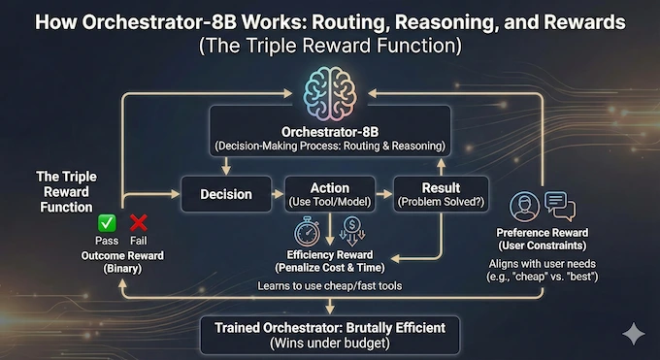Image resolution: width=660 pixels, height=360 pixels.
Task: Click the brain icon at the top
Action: click(x=329, y=86)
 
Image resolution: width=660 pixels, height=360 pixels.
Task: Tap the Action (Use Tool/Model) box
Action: click(x=330, y=194)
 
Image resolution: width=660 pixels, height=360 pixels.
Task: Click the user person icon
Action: click(x=524, y=207)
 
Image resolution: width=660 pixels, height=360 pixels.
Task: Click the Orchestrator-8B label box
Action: click(x=329, y=138)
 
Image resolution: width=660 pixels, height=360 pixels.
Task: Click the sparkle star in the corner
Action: click(x=633, y=333)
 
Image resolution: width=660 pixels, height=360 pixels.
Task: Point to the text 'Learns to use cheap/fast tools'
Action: click(x=329, y=286)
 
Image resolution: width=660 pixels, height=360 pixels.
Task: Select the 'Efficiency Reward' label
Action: click(x=329, y=254)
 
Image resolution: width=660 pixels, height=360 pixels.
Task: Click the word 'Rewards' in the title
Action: click(x=595, y=22)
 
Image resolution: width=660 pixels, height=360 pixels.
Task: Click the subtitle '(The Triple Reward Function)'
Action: click(x=329, y=45)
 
